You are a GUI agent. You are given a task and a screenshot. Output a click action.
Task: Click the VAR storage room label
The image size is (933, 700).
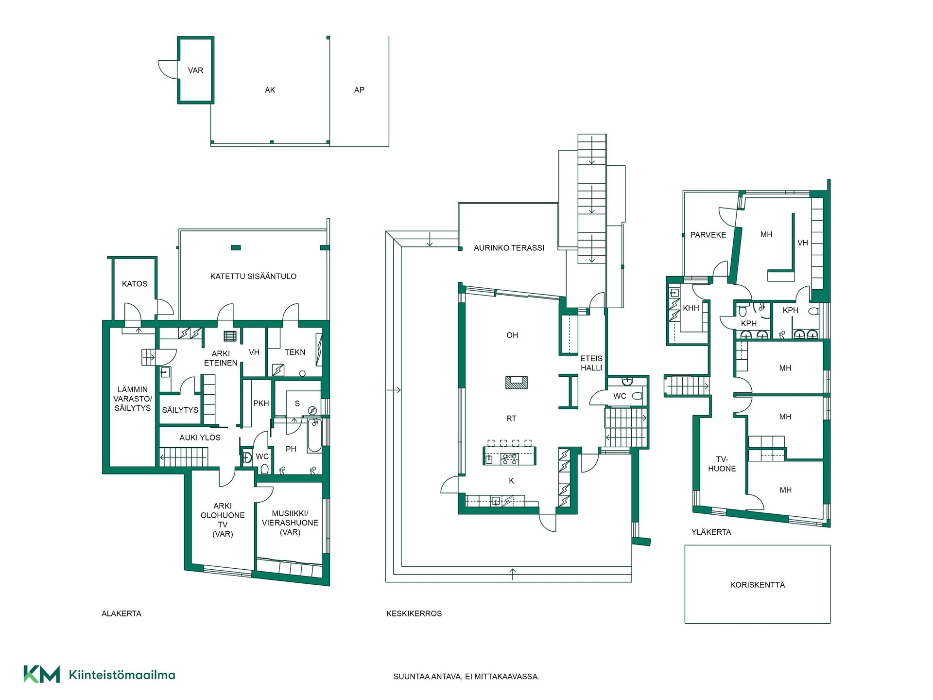(x=195, y=70)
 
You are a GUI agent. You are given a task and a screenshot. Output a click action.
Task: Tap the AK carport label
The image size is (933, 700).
(x=270, y=90)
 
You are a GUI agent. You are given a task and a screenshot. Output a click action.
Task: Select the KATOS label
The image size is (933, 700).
(x=135, y=284)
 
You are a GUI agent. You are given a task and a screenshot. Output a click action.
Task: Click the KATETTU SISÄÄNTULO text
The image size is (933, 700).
(x=253, y=276)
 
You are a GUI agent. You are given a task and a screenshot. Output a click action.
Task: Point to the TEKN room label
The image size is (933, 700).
(x=295, y=352)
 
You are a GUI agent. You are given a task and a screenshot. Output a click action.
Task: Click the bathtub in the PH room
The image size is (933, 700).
(x=314, y=436)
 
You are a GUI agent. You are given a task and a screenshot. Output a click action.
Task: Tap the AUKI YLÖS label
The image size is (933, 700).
(x=200, y=437)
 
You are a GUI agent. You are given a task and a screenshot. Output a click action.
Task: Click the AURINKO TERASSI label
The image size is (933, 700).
(x=509, y=248)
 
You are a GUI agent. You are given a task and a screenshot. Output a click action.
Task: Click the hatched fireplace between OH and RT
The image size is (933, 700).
(x=516, y=382)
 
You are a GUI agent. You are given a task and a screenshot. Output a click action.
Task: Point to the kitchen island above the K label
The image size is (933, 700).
(x=509, y=456)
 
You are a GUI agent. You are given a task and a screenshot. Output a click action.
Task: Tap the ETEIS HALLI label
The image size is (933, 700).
(x=591, y=363)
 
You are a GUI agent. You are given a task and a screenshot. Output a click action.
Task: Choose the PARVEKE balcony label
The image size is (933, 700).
(x=708, y=235)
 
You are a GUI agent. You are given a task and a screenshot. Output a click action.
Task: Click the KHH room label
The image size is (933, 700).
(x=691, y=308)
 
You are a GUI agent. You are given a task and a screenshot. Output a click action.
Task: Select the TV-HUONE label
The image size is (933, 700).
(x=722, y=464)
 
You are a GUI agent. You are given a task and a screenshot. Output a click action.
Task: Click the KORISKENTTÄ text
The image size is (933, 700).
(x=758, y=585)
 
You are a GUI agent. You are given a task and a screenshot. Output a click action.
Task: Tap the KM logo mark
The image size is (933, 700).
(x=42, y=674)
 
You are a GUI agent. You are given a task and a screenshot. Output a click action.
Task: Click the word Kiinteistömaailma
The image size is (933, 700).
(x=122, y=675)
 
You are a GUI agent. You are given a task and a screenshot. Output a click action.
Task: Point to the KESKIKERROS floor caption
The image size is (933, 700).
(x=414, y=613)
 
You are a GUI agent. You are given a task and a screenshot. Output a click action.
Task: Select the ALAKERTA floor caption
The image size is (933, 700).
(x=121, y=613)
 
